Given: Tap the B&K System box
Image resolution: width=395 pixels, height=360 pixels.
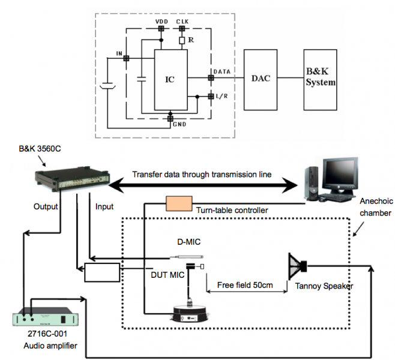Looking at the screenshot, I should coord(321,79).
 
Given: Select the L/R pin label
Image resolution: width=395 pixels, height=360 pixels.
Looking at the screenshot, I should coord(223,97).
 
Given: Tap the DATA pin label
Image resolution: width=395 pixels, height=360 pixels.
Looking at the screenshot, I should coord(223,71).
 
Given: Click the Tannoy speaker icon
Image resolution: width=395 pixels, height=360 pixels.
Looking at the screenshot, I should coord(297,265).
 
